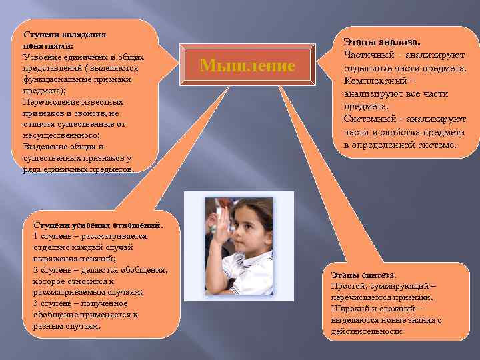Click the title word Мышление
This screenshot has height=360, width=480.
247,65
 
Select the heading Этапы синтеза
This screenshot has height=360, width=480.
363,275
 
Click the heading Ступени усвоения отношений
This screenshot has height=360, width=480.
97,225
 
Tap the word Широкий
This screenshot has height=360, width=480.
349,309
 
